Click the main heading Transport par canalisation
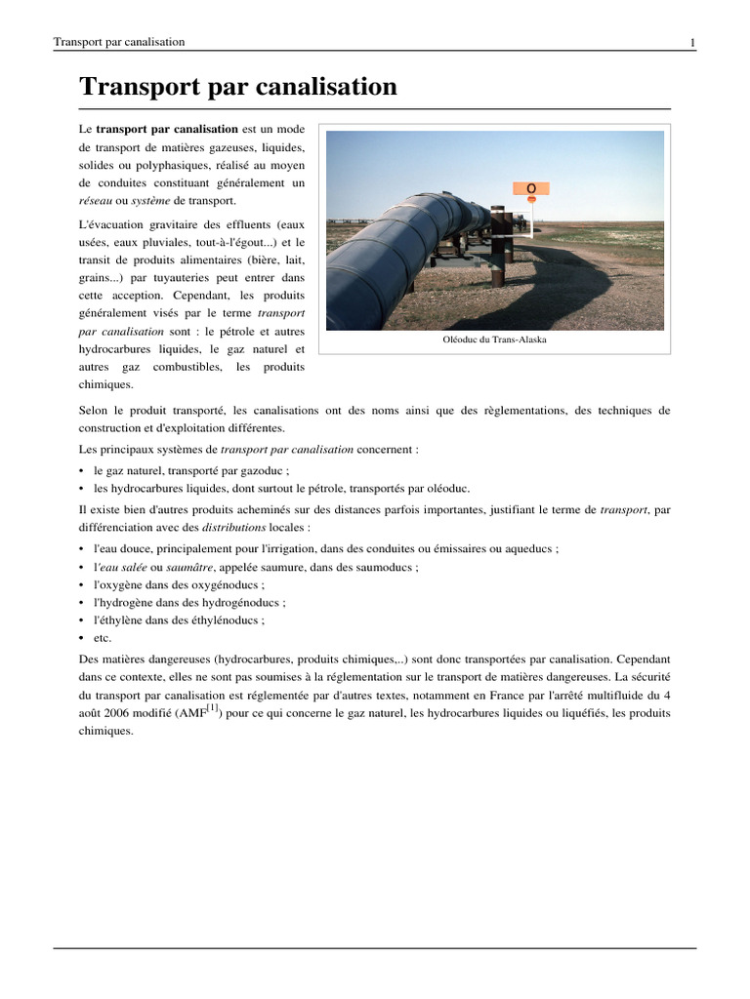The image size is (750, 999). (237, 87)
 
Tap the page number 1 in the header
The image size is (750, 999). (692, 42)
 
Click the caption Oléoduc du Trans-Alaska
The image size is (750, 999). (494, 340)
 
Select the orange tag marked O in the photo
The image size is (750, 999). (531, 187)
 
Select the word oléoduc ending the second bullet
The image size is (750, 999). (447, 488)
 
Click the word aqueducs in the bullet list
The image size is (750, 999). (528, 549)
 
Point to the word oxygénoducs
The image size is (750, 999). (229, 584)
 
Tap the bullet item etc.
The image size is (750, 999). (103, 637)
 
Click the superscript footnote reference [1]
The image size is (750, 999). (212, 705)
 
